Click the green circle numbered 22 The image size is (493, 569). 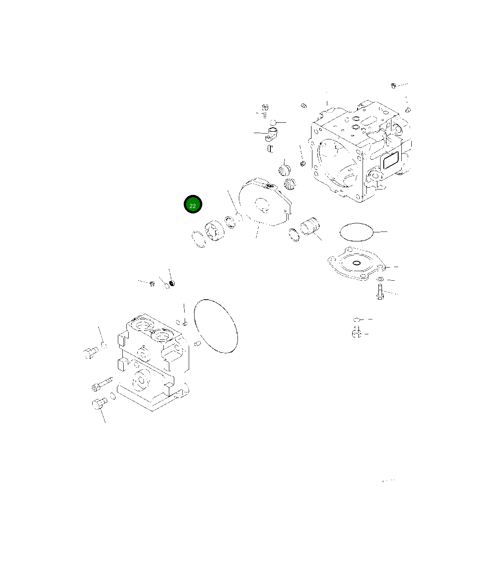pos(193,204)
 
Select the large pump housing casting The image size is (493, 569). pos(357,153)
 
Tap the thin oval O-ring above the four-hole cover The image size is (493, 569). pos(357,232)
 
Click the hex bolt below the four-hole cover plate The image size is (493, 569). pos(379,291)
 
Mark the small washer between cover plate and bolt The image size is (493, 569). pos(380,279)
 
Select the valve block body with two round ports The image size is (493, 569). pos(151,361)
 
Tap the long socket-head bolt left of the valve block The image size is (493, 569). pos(102,384)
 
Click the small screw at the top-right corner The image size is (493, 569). pos(394,85)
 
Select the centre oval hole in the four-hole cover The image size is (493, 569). pos(357,263)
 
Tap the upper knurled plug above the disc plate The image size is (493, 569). pos(284,171)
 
